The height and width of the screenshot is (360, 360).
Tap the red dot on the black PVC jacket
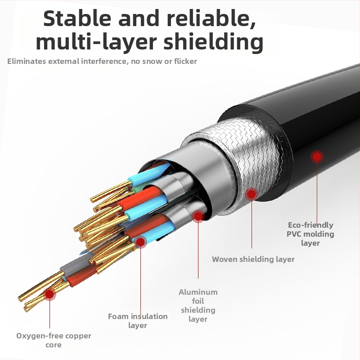(318, 157)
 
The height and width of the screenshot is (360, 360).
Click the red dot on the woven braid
(252, 194)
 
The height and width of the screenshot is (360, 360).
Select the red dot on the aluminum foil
(198, 216)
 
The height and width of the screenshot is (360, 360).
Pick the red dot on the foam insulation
(140, 243)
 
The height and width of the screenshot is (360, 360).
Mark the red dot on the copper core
(49, 294)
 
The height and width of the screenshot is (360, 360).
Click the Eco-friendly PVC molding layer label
(310, 234)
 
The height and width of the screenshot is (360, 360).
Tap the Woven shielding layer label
(253, 259)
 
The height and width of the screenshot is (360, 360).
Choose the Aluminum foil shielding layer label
(198, 306)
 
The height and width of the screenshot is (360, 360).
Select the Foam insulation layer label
(138, 321)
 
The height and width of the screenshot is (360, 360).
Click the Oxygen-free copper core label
(54, 340)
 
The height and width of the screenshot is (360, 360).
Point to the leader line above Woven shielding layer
(252, 225)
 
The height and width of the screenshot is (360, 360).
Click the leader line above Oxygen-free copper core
(49, 315)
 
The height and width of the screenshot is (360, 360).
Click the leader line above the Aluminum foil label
(198, 252)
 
